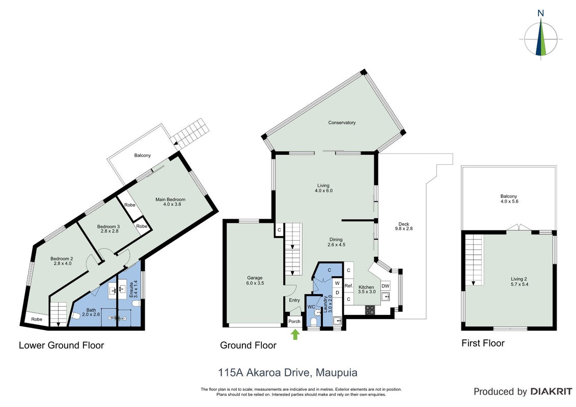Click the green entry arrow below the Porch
pyautogui.click(x=295, y=334)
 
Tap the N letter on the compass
pyautogui.click(x=540, y=13)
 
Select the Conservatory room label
pyautogui.click(x=342, y=123)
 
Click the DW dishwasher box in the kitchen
pyautogui.click(x=386, y=286)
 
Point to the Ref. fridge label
pyautogui.click(x=349, y=285)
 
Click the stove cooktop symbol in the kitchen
pyautogui.click(x=370, y=310)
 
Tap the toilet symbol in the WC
pyautogui.click(x=313, y=322)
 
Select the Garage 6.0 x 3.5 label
pyautogui.click(x=255, y=280)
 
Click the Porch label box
pyautogui.click(x=294, y=322)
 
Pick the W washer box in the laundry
pyautogui.click(x=337, y=283)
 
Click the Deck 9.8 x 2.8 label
pyautogui.click(x=404, y=226)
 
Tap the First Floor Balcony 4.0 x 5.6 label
pyautogui.click(x=509, y=199)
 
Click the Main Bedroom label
pyautogui.click(x=171, y=202)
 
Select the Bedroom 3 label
pyautogui.click(x=109, y=229)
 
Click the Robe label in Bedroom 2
pyautogui.click(x=37, y=319)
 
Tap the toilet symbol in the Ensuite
pyautogui.click(x=136, y=304)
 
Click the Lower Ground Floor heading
pyautogui.click(x=61, y=345)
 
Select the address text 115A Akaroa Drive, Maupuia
pyautogui.click(x=288, y=373)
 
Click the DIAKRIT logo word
pyautogui.click(x=552, y=392)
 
